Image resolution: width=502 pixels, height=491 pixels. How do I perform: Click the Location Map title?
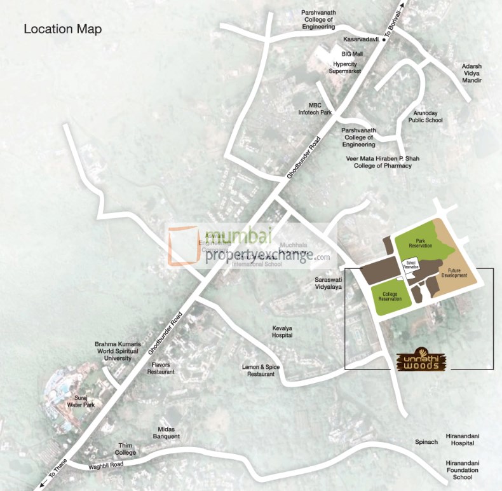[62, 29]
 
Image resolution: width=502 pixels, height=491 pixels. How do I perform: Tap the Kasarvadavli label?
[361, 39]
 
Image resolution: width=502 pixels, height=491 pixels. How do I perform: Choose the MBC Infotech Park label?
[315, 108]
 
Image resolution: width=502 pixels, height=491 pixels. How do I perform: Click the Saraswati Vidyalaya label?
[329, 283]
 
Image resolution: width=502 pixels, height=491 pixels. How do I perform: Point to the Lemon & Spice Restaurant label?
[261, 371]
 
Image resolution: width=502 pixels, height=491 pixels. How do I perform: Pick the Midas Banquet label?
[166, 432]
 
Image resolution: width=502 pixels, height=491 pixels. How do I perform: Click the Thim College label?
[125, 449]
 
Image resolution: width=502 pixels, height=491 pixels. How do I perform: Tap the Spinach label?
[426, 441]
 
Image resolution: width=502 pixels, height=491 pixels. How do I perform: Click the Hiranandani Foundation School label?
[463, 469]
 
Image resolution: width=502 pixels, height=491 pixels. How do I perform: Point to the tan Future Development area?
[454, 270]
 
